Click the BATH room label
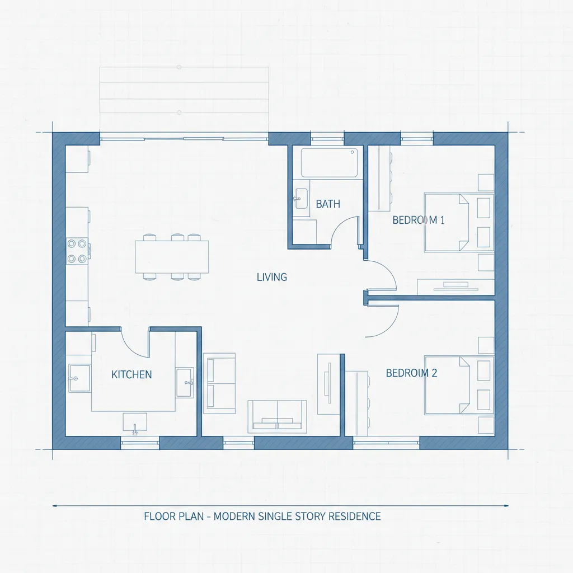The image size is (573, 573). [x=328, y=204]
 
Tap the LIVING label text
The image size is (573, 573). [x=272, y=277]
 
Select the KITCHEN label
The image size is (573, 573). [x=131, y=374]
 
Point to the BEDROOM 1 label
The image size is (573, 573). [x=419, y=220]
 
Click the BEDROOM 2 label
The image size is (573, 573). [x=411, y=373]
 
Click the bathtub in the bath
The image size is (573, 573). [x=329, y=162]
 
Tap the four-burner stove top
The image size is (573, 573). [x=78, y=251]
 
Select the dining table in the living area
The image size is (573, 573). [x=172, y=257]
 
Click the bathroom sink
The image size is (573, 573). [x=301, y=198]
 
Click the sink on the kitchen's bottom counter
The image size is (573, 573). [x=135, y=422]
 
